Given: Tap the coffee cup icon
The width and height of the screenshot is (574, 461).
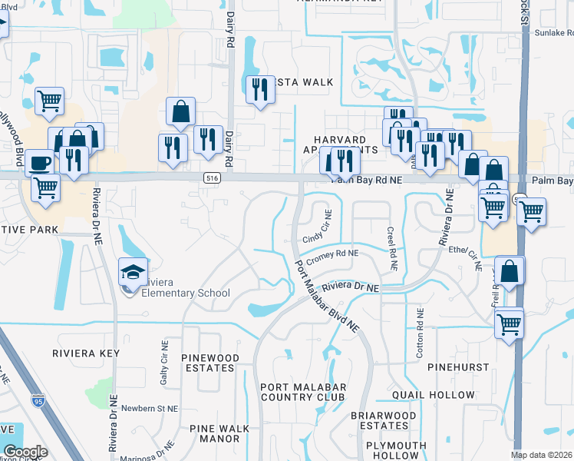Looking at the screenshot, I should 39,163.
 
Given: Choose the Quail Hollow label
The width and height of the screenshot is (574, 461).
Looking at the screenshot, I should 434,395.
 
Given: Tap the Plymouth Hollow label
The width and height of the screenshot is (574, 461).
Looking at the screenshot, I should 396,450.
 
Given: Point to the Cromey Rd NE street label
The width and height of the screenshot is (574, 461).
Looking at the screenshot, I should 332,253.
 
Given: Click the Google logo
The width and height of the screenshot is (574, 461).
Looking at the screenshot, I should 25,452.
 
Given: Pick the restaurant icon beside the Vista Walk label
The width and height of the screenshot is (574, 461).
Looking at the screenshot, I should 259,91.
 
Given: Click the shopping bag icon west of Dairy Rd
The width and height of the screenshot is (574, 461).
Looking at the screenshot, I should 180,112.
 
